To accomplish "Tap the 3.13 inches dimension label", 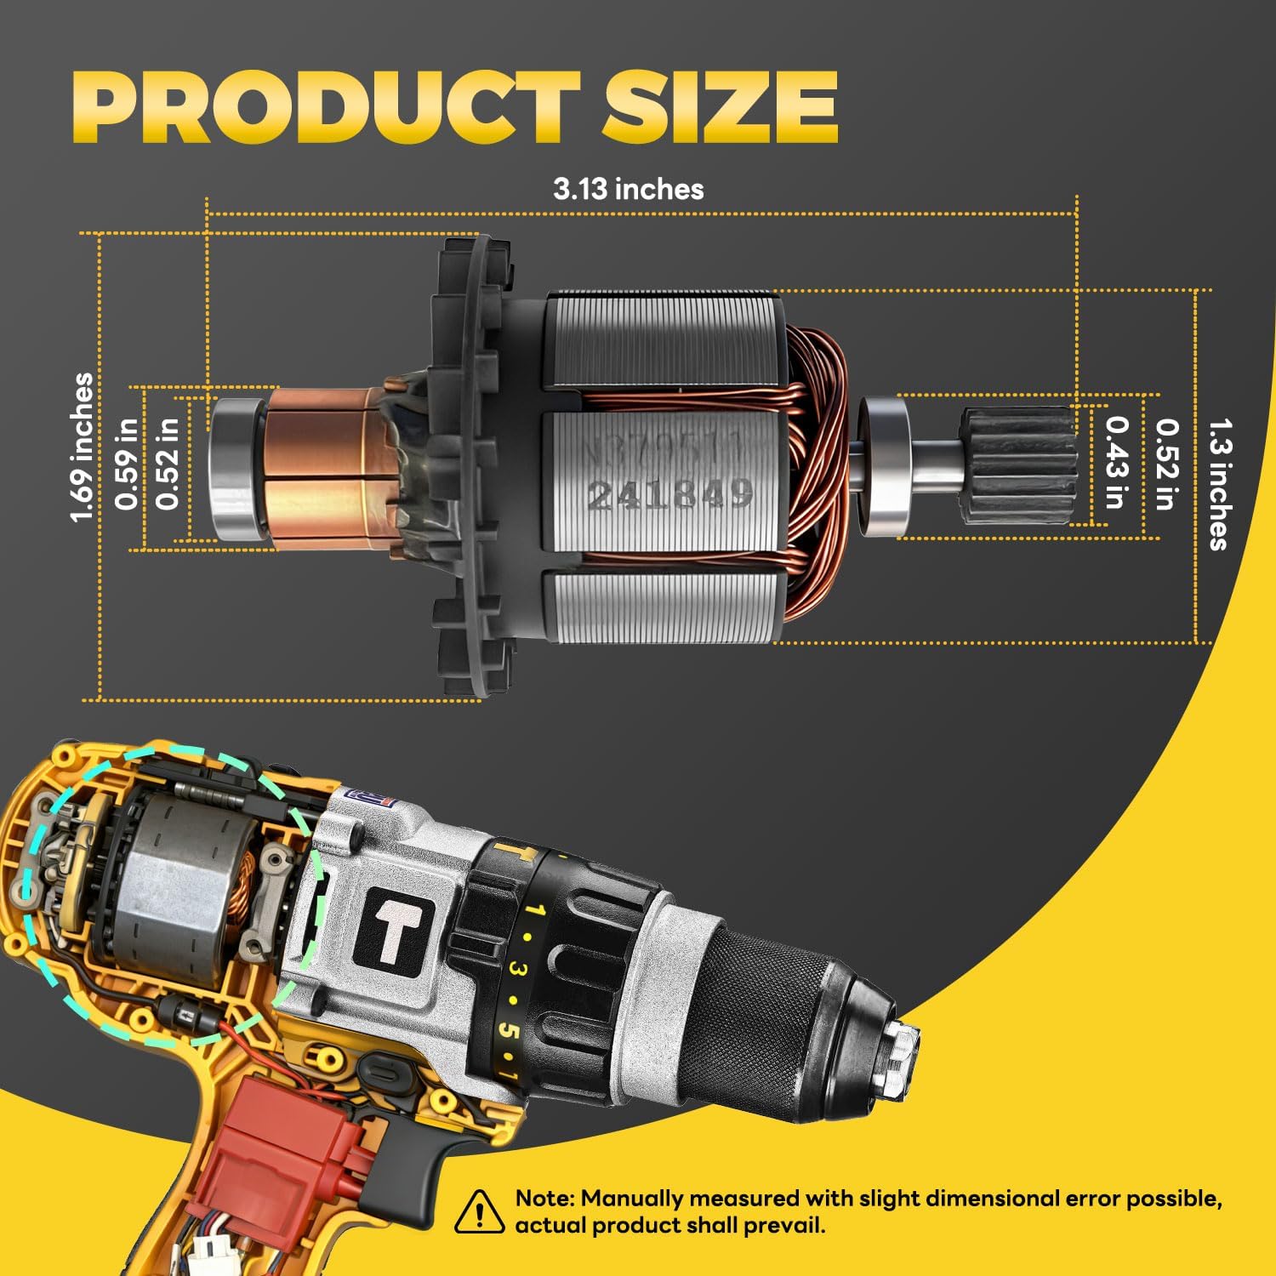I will tap(628, 189).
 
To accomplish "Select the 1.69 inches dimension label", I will tap(82, 447).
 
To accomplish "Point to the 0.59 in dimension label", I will tap(127, 464).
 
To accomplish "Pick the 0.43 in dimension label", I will tap(1116, 462).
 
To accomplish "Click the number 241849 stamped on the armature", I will tap(670, 493).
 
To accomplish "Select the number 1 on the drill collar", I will tap(534, 911).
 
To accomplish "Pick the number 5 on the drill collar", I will tap(508, 1029).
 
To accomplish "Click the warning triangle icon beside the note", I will tap(479, 1211).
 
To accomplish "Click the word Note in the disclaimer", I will tap(544, 1199).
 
